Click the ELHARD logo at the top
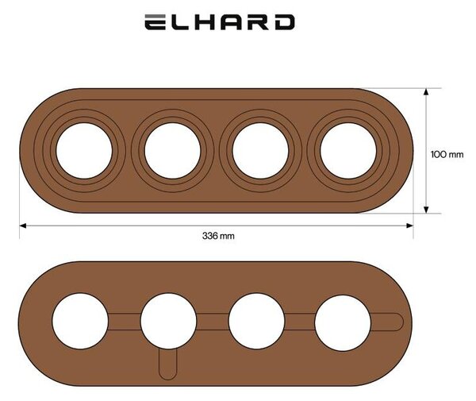coord(220,22)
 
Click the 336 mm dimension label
coord(218,236)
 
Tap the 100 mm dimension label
coord(447,154)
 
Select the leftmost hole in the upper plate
coord(84,151)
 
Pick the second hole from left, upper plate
coord(172,151)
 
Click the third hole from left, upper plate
coord(260,151)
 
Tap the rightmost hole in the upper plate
coord(348,151)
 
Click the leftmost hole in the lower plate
coord(80,321)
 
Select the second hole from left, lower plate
coord(168,321)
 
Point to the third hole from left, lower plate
coord(256,321)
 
